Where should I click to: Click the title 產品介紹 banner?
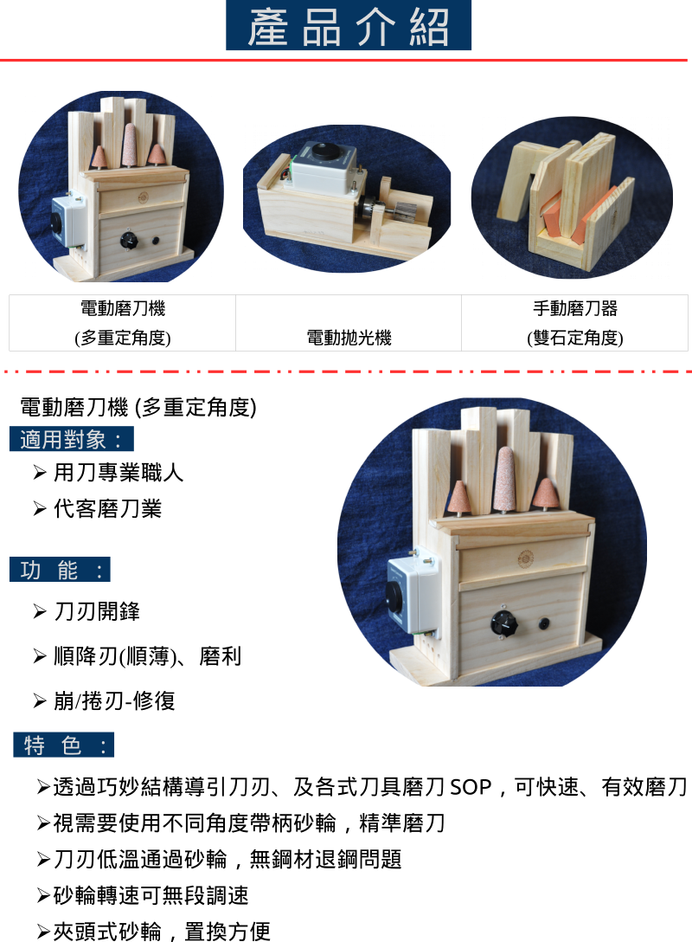click(x=348, y=25)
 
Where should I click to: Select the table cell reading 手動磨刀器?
click(x=575, y=323)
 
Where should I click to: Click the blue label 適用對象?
click(x=72, y=439)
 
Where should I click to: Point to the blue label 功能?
click(x=60, y=570)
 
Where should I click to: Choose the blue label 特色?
click(x=64, y=745)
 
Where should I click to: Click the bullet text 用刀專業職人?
click(x=119, y=472)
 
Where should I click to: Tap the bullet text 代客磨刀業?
click(x=107, y=508)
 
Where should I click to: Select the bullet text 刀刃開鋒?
click(x=97, y=611)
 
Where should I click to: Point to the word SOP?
click(x=471, y=787)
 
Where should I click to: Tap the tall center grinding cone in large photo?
click(x=503, y=480)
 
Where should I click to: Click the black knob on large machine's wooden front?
click(x=504, y=624)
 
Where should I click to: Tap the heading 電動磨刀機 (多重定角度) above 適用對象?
click(x=138, y=407)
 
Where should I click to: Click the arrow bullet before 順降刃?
click(x=40, y=656)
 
